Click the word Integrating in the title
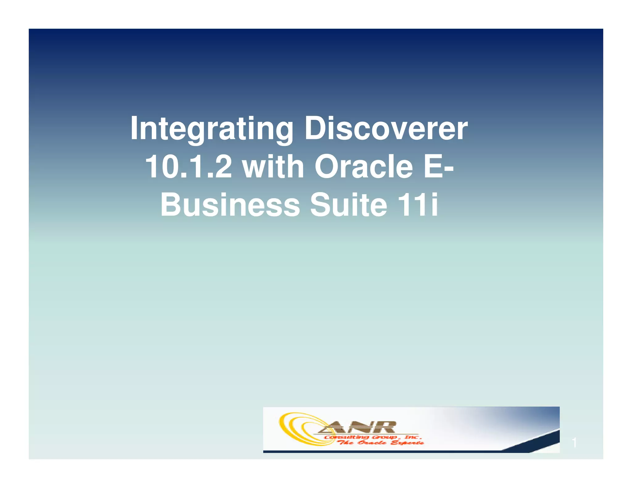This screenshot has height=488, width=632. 211,129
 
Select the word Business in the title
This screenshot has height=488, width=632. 230,205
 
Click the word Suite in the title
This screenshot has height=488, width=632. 348,205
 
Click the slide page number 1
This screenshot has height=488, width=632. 574,443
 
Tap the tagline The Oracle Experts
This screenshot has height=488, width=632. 381,443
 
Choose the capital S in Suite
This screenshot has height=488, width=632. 320,205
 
